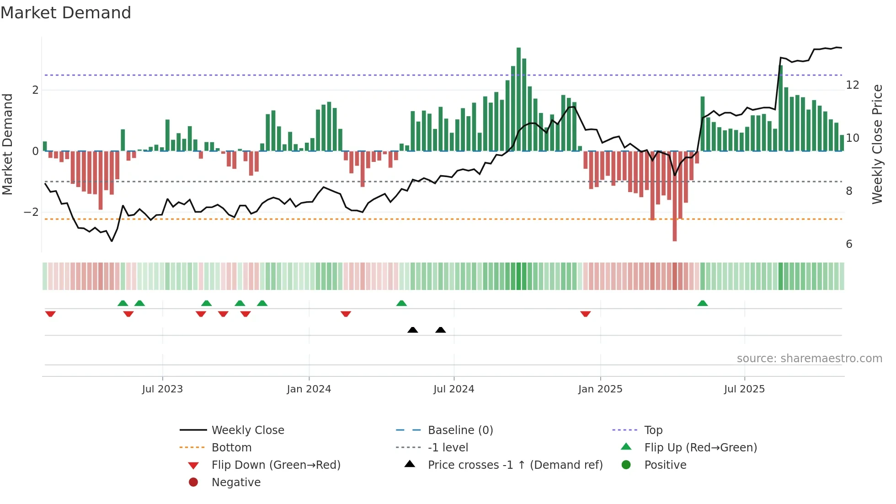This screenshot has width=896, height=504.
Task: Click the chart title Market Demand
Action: tap(66, 13)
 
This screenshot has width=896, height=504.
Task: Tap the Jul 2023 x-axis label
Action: tap(162, 389)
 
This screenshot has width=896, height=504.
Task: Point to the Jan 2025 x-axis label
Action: tap(600, 389)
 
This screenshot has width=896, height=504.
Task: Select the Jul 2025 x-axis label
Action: tap(744, 389)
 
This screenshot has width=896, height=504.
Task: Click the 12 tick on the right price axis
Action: tap(852, 85)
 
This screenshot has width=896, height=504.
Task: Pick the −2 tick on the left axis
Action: tap(31, 212)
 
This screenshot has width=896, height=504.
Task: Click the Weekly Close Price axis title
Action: tap(877, 144)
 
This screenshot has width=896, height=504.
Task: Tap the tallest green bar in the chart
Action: tap(518, 98)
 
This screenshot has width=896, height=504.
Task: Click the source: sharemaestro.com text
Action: tap(809, 359)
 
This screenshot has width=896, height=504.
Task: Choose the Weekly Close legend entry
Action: tap(247, 430)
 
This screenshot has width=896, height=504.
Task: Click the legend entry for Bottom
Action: tap(231, 448)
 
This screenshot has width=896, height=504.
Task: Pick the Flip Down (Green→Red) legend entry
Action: tap(276, 465)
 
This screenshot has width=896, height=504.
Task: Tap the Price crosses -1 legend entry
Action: tap(515, 465)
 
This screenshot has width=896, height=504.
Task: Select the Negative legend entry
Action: tap(236, 483)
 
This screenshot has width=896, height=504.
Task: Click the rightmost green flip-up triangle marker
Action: tap(703, 304)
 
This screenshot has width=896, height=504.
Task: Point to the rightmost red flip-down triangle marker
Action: tap(586, 314)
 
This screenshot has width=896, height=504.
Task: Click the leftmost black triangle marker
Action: tap(412, 330)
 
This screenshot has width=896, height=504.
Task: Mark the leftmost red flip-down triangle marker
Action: tap(50, 314)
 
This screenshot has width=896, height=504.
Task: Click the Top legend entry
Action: tap(653, 430)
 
